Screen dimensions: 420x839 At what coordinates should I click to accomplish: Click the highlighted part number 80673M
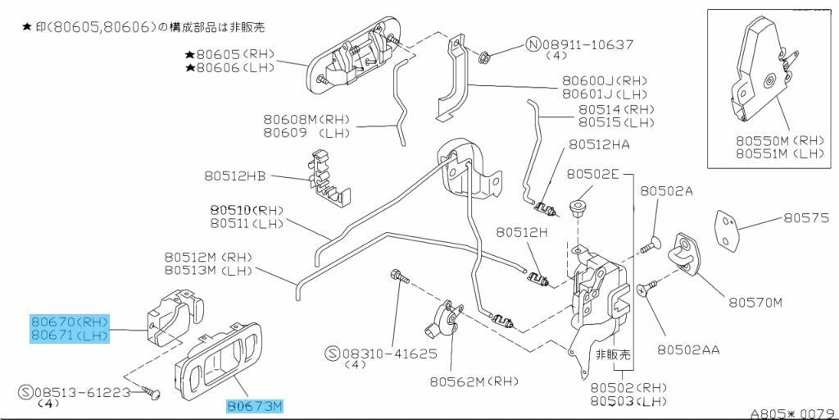255,405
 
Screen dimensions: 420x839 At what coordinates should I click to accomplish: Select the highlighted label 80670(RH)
70,321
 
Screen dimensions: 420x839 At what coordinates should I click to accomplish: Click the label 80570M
755,302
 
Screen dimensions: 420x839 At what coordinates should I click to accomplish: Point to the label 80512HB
235,176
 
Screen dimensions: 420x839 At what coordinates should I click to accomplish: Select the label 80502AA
688,349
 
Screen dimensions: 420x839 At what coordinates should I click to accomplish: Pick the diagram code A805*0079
791,413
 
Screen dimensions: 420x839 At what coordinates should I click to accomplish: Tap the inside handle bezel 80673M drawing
214,362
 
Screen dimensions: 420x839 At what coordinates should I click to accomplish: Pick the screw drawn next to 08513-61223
150,393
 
